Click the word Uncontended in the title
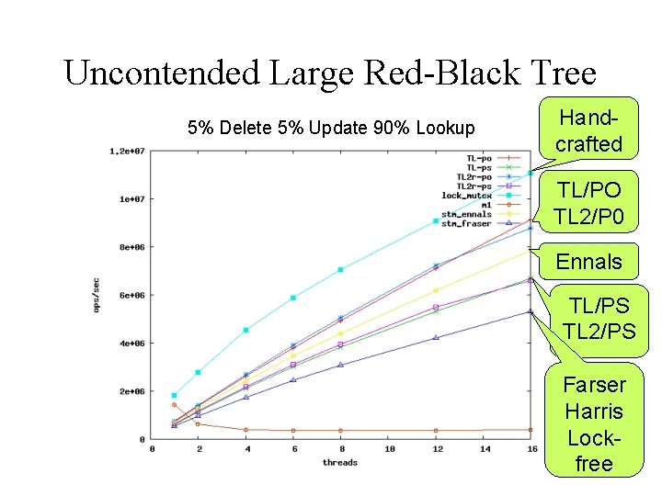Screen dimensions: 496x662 [x=161, y=72]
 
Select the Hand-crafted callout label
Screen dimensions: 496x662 [x=588, y=130]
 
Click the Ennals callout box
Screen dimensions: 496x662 [x=588, y=262]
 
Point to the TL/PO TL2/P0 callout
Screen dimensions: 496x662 [x=588, y=203]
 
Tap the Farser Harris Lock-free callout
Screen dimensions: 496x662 [x=593, y=423]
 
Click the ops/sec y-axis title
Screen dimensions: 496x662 [x=97, y=295]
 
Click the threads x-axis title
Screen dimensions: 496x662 [x=340, y=462]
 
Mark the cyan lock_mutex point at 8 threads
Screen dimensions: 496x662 [x=340, y=270]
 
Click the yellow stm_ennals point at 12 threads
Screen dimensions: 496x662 [x=436, y=290]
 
